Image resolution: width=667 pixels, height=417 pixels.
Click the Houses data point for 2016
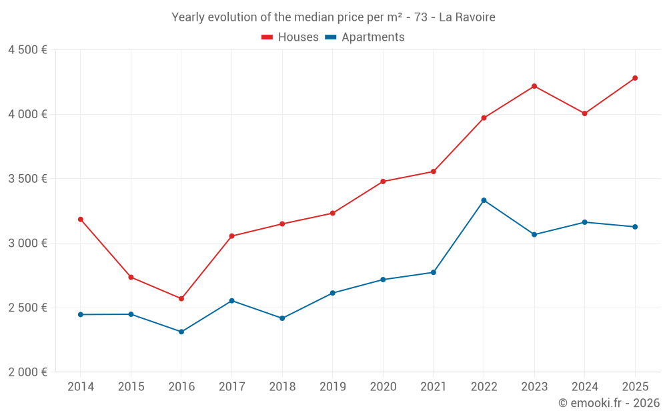point(181,298)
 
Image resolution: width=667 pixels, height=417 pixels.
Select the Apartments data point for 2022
point(484,200)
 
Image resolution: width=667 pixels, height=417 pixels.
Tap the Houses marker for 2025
point(635,78)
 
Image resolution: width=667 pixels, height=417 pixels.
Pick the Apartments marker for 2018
point(282,318)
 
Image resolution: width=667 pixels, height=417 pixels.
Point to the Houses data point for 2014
point(81,219)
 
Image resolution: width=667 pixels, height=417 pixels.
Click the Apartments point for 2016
point(181,332)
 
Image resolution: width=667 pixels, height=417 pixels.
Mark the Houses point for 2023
point(534,86)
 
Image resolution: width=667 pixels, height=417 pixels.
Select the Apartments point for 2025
point(635,227)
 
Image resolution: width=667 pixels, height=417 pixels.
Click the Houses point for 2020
point(383,181)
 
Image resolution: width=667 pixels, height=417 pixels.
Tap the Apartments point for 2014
point(81,314)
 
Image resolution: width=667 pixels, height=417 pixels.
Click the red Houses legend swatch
point(267,37)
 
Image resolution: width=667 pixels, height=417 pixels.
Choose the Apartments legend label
point(373,37)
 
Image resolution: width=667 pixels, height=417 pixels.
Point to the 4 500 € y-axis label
point(27,50)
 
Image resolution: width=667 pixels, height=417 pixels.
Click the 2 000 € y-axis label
point(27,372)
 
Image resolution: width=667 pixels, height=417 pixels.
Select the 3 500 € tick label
point(27,179)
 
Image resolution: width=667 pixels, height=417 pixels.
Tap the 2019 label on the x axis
point(332,387)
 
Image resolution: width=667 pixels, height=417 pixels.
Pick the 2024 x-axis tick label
point(584,387)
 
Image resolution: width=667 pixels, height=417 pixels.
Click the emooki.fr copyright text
point(608,403)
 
